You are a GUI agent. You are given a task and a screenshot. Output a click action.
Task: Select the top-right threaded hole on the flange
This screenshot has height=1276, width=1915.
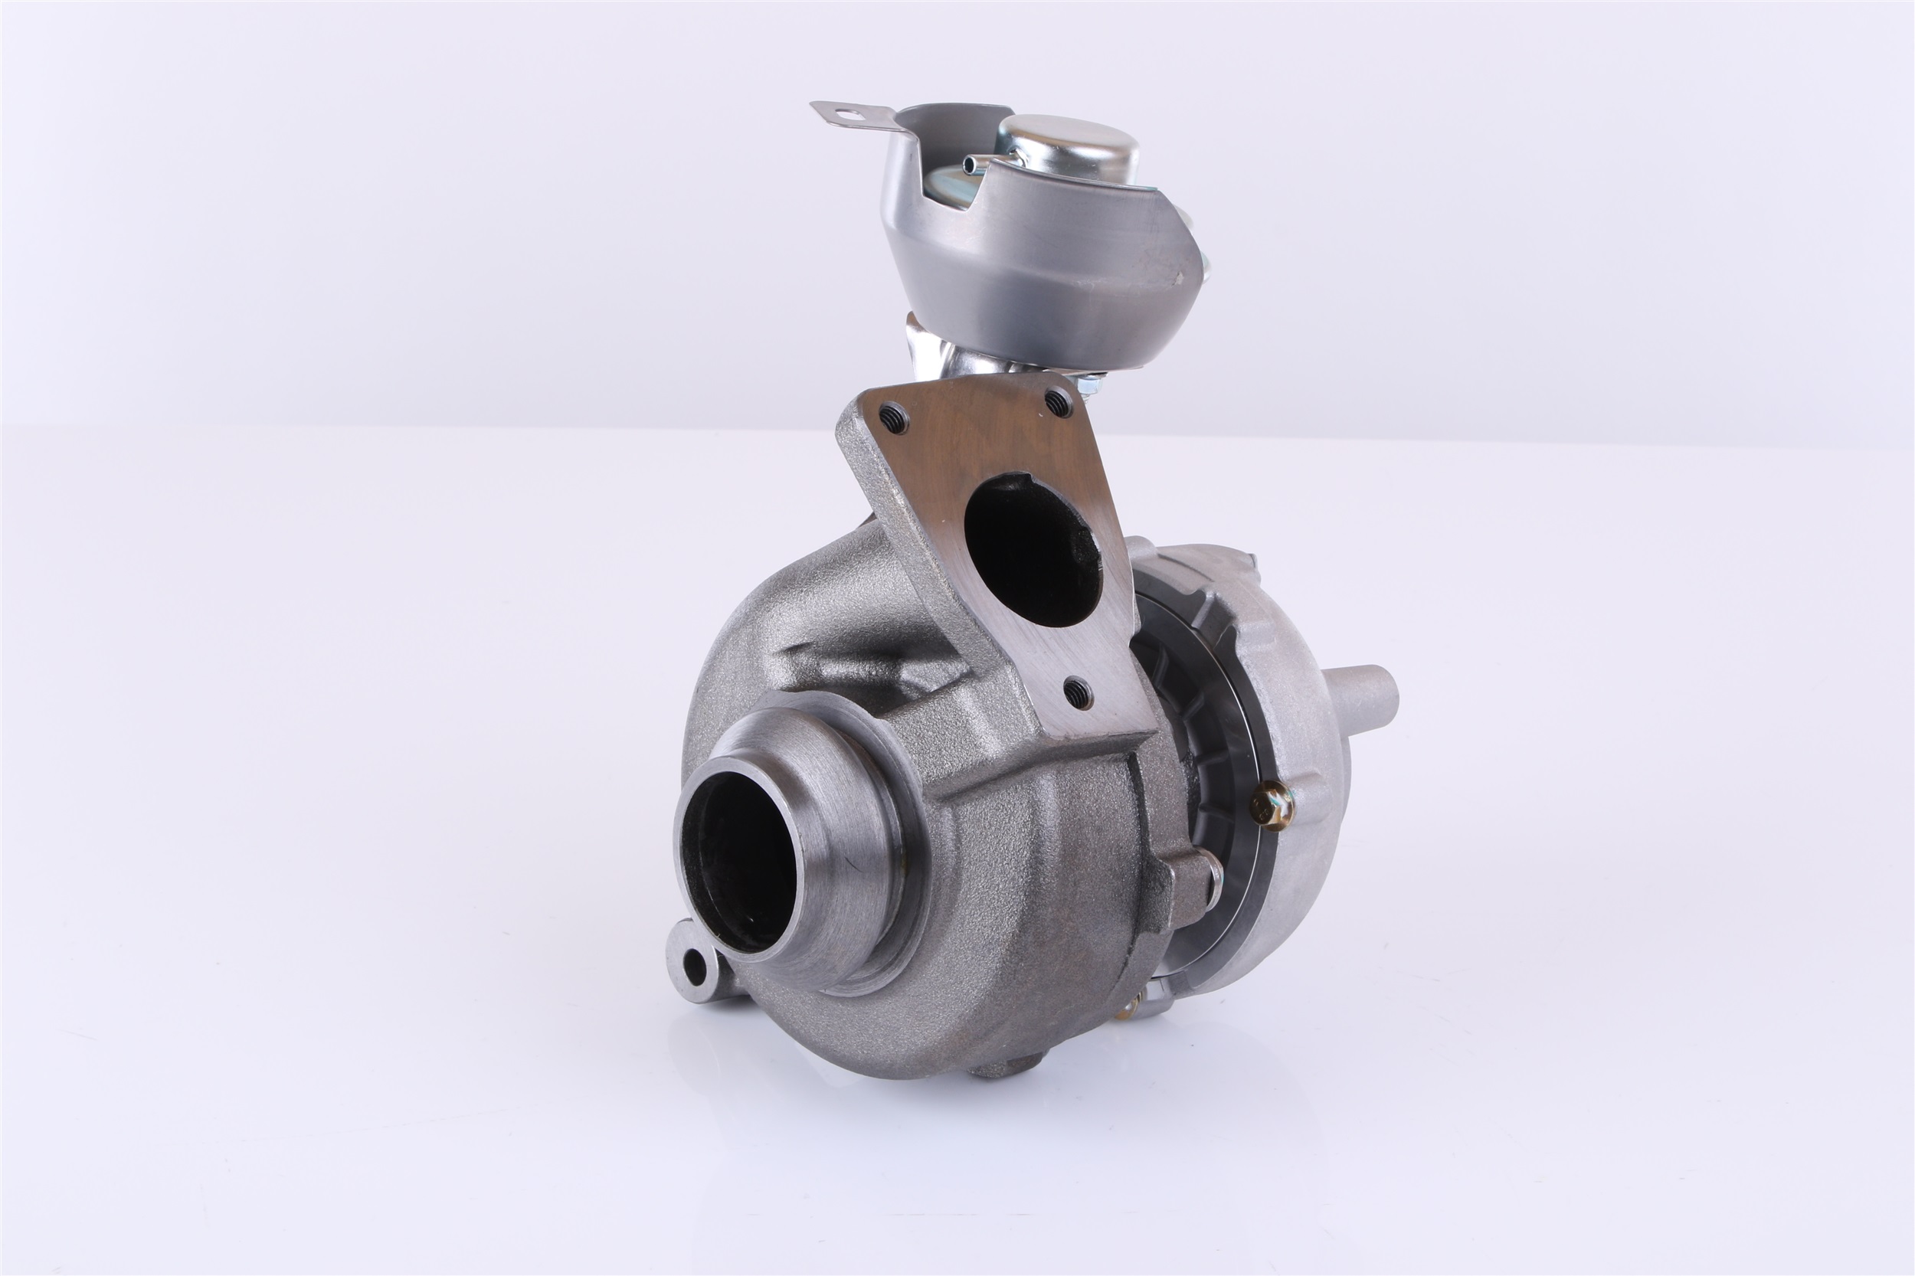tap(1058, 400)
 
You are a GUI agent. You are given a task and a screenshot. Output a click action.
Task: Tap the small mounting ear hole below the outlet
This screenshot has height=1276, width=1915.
tap(694, 967)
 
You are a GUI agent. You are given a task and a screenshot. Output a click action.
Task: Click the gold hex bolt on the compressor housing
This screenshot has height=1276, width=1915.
tap(1272, 807)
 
